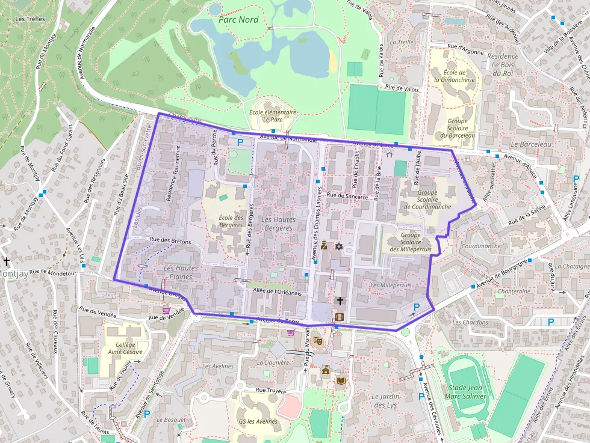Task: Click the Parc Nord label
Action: [239, 20]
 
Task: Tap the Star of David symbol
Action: [338, 246]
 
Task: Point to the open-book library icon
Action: [341, 382]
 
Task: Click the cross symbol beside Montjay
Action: [7, 261]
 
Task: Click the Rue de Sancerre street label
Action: [347, 195]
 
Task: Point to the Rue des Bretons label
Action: [170, 241]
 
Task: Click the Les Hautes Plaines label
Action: [181, 272]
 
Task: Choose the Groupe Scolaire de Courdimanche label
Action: [427, 200]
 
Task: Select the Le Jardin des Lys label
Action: [385, 401]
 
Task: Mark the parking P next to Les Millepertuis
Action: [417, 308]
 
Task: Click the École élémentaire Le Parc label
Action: [272, 115]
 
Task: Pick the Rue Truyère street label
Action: [271, 390]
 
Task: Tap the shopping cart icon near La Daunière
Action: [291, 332]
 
